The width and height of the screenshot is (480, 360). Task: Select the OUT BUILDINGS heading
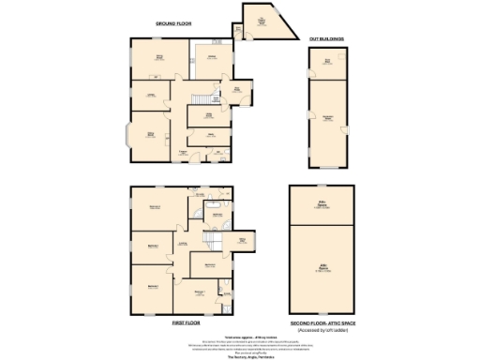326,38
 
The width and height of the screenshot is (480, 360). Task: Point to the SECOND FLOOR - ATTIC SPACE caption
324,322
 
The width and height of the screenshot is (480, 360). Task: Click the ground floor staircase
200,99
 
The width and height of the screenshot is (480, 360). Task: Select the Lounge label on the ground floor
150,96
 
